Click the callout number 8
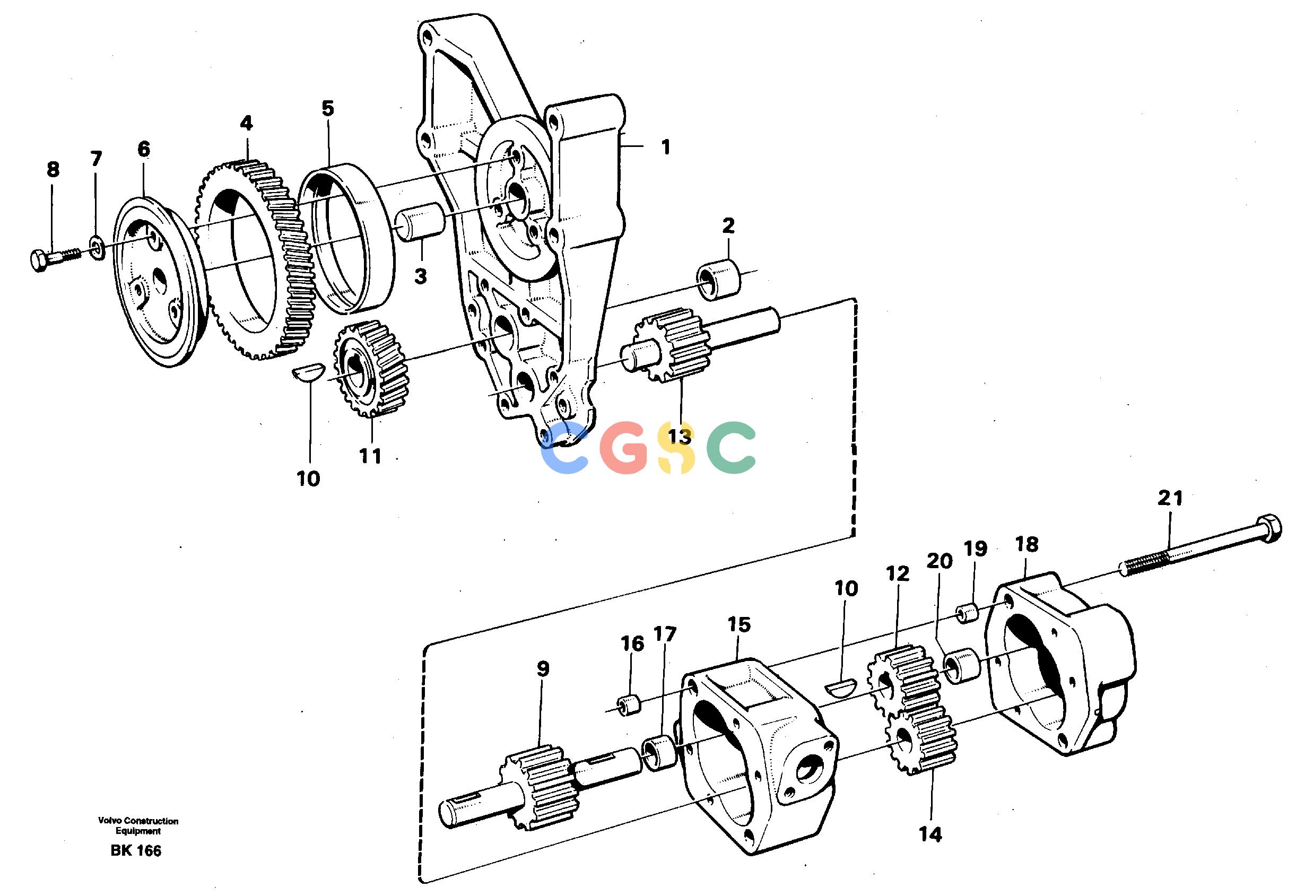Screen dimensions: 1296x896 click(53, 170)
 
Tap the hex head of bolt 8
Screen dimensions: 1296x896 click(39, 262)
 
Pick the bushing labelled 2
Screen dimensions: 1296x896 click(718, 279)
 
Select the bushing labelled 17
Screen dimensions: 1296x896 click(659, 754)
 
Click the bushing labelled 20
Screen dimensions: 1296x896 click(961, 665)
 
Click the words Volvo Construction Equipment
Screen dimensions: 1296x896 click(138, 826)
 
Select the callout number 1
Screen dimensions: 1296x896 click(666, 147)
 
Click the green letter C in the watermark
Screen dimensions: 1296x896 click(731, 447)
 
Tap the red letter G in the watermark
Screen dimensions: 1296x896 click(625, 448)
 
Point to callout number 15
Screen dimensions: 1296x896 click(739, 625)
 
